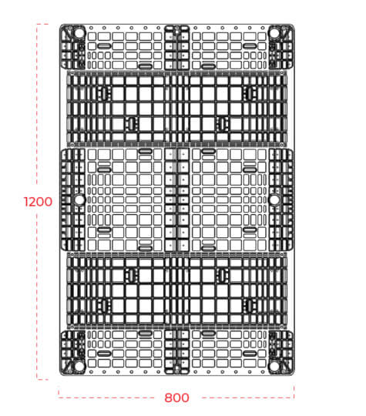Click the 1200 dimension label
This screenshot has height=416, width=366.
[38, 202]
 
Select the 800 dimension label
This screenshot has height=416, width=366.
[176, 398]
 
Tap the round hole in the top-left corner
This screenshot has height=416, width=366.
[79, 33]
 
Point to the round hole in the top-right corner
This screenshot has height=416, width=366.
[274, 33]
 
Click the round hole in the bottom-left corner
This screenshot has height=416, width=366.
[79, 366]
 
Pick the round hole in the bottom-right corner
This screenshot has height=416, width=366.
[274, 366]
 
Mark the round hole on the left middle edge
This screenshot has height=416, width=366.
[79, 200]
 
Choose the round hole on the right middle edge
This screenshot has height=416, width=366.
[274, 200]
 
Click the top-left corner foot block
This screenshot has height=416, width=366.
[72, 47]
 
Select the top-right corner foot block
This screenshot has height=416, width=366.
[281, 47]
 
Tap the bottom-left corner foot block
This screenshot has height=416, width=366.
[72, 352]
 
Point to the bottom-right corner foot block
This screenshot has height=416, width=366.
[281, 352]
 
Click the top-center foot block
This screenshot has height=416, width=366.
[176, 48]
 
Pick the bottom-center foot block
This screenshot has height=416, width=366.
[176, 352]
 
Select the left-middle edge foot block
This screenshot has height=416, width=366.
[73, 200]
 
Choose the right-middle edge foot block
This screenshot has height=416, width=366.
[280, 200]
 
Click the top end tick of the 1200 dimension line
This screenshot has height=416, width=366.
[42, 24]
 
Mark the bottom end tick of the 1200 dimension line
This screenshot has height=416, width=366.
[42, 379]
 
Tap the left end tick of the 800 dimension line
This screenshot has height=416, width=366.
[59, 393]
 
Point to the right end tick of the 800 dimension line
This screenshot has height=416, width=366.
[294, 392]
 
